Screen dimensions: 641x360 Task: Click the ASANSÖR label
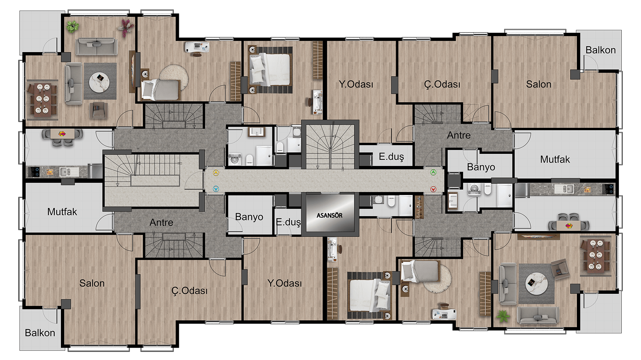[329, 215]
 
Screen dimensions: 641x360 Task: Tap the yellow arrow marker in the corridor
[216, 173]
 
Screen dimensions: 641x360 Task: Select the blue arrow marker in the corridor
[216, 189]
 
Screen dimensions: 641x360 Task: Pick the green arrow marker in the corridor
[433, 172]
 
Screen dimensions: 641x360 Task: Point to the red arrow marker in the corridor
[433, 189]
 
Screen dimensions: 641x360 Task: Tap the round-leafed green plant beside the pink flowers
[72, 26]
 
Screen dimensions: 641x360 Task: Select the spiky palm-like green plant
[503, 317]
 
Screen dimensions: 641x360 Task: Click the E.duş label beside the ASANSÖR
[288, 222]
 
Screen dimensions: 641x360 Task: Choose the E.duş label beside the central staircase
[391, 157]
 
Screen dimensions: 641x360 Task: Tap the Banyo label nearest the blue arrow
[249, 217]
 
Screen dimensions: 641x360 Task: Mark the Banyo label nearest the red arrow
[481, 167]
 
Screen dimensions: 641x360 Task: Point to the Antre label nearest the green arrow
[459, 135]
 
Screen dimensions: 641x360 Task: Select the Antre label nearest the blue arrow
[161, 222]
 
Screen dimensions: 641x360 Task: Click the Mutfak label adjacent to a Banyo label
[555, 159]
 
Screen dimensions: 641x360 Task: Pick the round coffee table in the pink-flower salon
[99, 83]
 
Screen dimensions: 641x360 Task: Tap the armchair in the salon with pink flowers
[99, 110]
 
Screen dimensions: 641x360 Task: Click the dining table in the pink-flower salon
[42, 99]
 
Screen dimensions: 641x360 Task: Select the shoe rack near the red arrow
[419, 207]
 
